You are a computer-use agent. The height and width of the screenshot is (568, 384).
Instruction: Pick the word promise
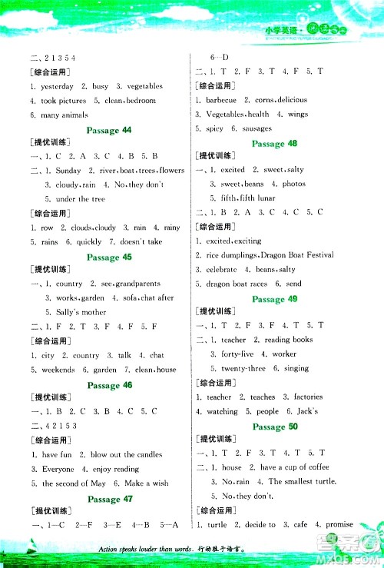[x=339, y=524]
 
